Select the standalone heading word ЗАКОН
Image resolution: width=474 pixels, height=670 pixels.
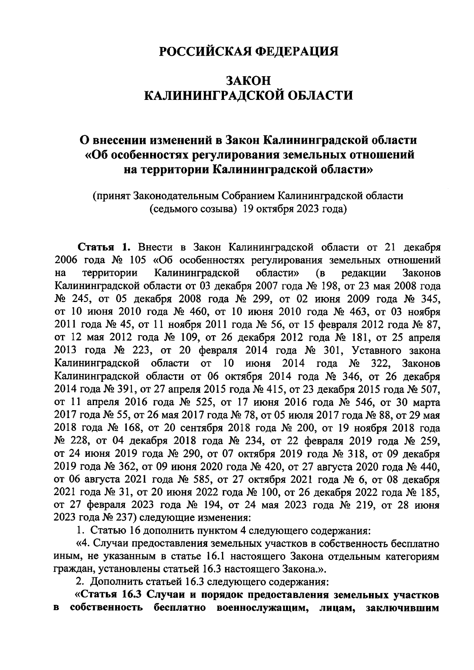pyautogui.click(x=248, y=81)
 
